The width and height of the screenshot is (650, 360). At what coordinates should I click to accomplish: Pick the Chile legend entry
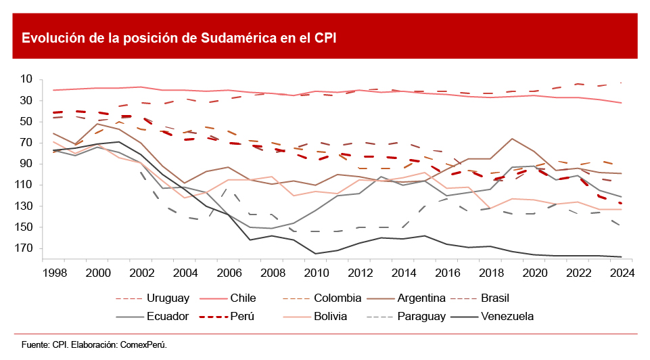pos(243,298)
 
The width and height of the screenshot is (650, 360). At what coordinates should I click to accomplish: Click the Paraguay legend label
pos(421,316)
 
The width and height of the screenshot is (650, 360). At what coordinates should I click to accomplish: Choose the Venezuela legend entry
pos(507,316)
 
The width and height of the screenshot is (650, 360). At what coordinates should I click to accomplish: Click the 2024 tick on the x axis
pos(621,273)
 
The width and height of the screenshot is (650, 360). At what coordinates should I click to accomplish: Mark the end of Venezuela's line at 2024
pos(622,257)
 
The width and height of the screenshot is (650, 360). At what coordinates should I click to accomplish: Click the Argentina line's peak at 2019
pos(512,139)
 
